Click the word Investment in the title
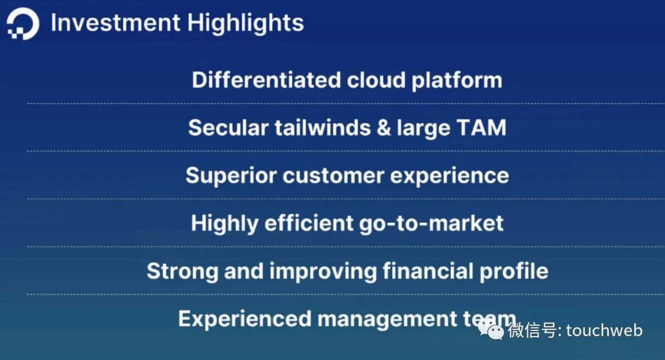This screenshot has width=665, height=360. (x=115, y=22)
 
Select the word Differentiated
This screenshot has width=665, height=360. (x=267, y=80)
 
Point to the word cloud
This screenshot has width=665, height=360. (x=376, y=80)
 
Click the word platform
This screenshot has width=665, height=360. (x=457, y=81)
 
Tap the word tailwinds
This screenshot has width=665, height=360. (x=322, y=127)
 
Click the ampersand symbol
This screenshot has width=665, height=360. (x=384, y=127)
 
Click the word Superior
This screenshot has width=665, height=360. (x=231, y=176)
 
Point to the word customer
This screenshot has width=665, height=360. (x=333, y=176)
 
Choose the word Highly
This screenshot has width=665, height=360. (x=224, y=223)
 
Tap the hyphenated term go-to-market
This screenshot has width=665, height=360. (x=431, y=223)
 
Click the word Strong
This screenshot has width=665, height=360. (x=182, y=271)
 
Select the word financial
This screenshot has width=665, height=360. (x=428, y=271)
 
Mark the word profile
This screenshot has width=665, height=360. (x=514, y=271)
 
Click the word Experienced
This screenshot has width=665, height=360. (x=244, y=319)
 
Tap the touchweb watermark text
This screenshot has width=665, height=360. (x=604, y=330)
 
